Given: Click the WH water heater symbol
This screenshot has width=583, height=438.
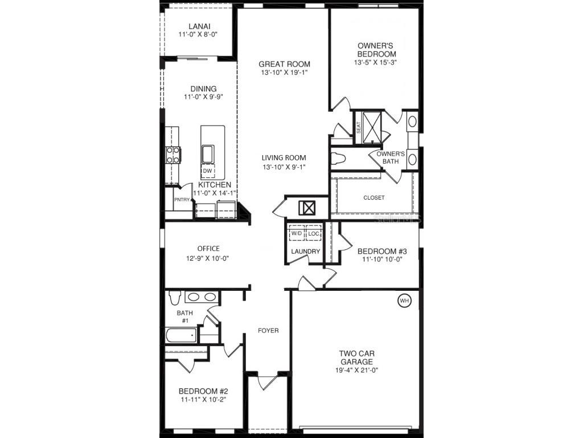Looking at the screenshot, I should tap(404, 301).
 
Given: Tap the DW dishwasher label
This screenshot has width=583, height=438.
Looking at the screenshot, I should tap(207, 171).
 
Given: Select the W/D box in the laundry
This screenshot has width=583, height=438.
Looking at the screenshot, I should tap(297, 233).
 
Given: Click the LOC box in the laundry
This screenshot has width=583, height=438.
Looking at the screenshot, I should tap(314, 233).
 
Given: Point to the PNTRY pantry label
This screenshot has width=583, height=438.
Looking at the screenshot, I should tap(182, 200).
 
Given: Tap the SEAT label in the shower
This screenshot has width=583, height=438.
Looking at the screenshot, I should tap(359, 128).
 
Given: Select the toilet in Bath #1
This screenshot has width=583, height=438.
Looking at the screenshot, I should tap(174, 297).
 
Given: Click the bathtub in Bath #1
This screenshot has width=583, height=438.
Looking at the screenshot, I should tap(181, 335).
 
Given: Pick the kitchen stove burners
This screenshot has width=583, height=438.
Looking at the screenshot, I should tap(173, 155).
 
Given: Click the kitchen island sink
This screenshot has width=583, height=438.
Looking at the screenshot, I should tap(207, 154).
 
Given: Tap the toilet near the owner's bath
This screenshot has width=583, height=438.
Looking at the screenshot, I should tap(338, 159).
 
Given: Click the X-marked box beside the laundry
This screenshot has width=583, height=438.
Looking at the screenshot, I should tap(307, 208).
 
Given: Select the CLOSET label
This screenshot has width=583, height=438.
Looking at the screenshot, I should tap(374, 198).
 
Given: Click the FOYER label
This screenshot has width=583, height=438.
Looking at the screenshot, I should tap(268, 330).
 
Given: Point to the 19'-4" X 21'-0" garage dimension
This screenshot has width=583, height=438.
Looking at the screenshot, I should tap(357, 370).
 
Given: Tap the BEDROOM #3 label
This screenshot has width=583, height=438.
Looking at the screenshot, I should tap(383, 251).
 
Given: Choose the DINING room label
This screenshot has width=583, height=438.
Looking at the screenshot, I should tap(203, 88).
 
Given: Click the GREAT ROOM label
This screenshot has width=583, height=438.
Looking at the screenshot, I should tap(284, 64).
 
